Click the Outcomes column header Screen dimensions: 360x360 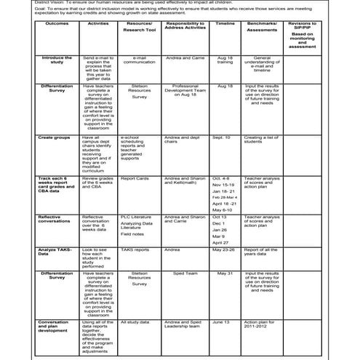pyautogui.click(x=57, y=24)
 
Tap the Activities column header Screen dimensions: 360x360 pyautogui.click(x=98, y=24)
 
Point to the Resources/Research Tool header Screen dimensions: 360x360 pyautogui.click(x=140, y=28)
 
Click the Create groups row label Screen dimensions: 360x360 pyautogui.click(x=55, y=137)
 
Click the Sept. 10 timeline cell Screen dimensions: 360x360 pyautogui.click(x=222, y=137)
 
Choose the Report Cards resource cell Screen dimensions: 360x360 pyautogui.click(x=135, y=177)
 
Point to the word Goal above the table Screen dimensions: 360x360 pyautogui.click(x=9, y=9)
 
